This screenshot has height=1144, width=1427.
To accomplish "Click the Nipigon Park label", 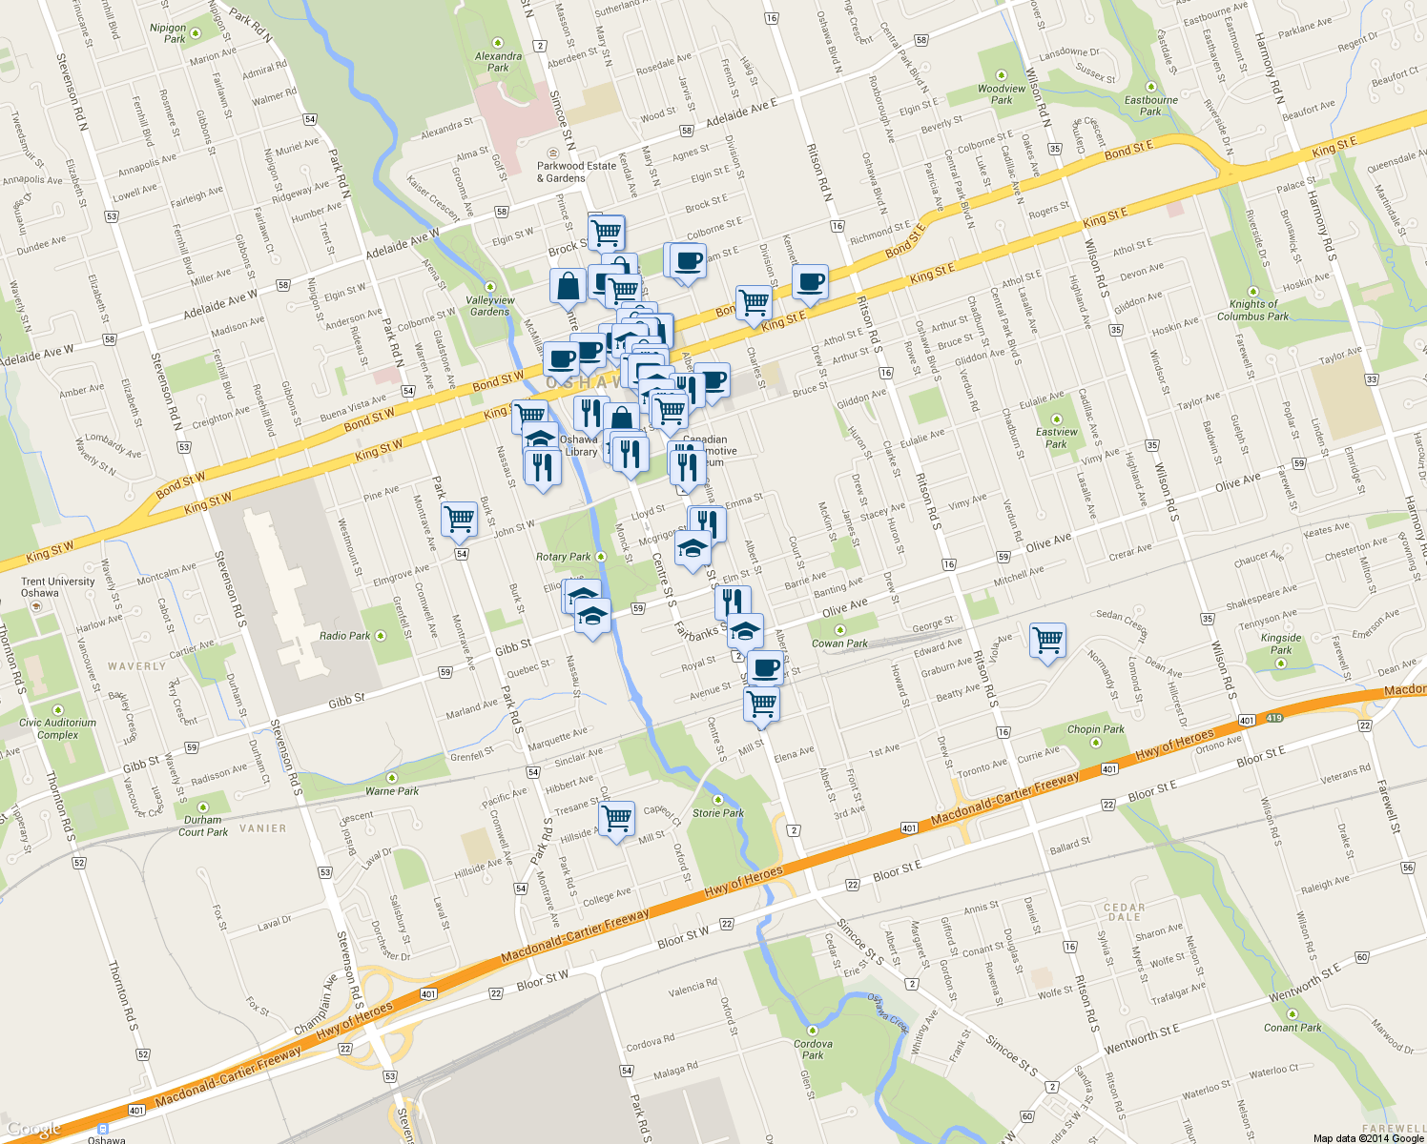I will click(x=169, y=33).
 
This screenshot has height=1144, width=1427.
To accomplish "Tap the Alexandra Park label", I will click(x=498, y=62).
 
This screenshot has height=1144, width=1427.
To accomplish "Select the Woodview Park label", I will click(x=1002, y=93).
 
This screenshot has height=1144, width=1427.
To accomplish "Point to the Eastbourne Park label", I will click(x=1150, y=105).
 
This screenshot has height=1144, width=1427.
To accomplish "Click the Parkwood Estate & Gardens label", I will click(x=576, y=172).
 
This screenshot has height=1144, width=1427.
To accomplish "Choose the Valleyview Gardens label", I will click(x=490, y=305).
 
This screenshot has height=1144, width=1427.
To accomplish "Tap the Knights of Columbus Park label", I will click(x=1252, y=310).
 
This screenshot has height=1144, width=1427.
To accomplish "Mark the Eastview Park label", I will click(x=1056, y=438).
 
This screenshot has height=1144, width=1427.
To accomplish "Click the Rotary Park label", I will click(x=564, y=557).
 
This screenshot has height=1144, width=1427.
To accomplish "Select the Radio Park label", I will click(x=345, y=636).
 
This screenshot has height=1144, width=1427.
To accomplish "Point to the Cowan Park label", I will click(x=839, y=643).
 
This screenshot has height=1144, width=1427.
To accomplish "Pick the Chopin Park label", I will click(x=1095, y=729).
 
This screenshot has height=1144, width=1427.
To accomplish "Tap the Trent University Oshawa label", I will click(x=58, y=587).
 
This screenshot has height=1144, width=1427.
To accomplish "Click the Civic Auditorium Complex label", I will click(x=57, y=728).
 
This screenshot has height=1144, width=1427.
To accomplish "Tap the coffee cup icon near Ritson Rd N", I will click(x=810, y=281).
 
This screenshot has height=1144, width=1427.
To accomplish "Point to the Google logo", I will click(x=35, y=1130).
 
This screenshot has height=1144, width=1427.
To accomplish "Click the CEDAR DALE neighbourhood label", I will click(x=1124, y=912).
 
